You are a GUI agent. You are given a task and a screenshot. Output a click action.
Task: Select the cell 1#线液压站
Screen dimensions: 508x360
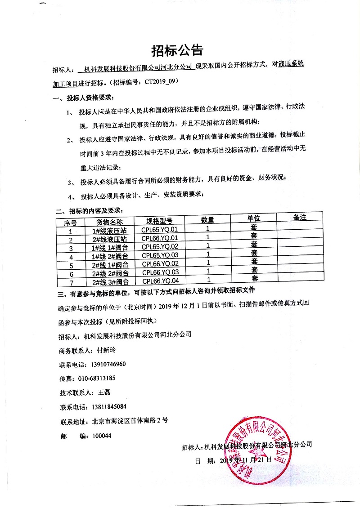(x=110, y=231)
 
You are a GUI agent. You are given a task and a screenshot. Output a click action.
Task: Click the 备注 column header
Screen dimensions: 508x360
(x=299, y=218)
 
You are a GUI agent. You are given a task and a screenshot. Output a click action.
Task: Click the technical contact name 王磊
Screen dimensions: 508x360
(x=104, y=392)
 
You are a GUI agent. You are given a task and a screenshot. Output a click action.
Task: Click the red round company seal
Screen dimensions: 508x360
(x=259, y=454)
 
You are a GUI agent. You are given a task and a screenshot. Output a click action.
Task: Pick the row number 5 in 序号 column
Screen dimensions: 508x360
(x=71, y=265)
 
